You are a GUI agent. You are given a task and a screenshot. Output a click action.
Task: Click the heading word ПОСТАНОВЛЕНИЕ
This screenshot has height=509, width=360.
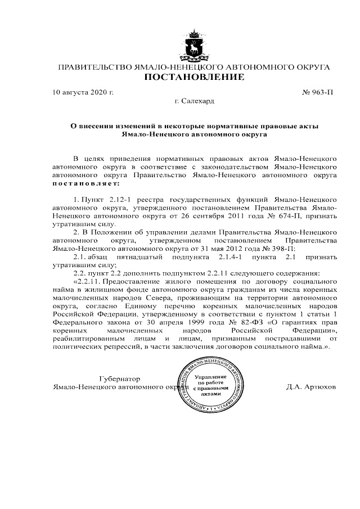(x=194, y=77)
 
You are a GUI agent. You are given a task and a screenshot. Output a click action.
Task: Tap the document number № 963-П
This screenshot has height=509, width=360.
(x=319, y=91)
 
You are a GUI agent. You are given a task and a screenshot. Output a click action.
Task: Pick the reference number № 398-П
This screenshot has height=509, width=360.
(x=287, y=249)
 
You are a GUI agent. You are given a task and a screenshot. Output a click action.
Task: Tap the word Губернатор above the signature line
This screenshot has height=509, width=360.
(x=119, y=379)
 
